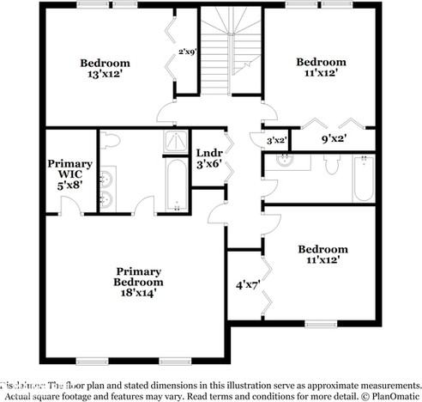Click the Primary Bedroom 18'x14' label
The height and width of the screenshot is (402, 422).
138,281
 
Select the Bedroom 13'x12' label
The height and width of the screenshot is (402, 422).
105,68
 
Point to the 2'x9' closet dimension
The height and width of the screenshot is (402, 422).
187,52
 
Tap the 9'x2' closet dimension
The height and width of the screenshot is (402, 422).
334,138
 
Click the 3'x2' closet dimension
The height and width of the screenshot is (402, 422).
276,140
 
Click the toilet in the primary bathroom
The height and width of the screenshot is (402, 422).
112,142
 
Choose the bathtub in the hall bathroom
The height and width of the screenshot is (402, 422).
364,177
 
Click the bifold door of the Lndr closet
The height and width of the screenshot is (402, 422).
229,157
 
